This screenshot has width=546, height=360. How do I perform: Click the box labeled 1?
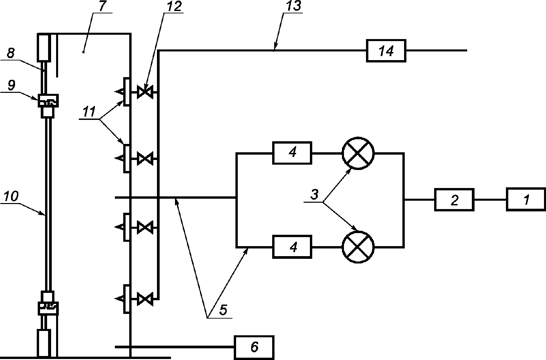pyautogui.click(x=526, y=200)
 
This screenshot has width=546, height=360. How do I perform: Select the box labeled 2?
pyautogui.click(x=454, y=200)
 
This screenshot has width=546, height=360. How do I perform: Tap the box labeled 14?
pyautogui.click(x=386, y=51)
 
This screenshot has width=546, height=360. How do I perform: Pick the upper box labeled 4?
pyautogui.click(x=292, y=153)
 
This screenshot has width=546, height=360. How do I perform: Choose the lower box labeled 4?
pyautogui.click(x=292, y=247)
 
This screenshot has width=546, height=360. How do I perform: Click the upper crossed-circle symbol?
pyautogui.click(x=358, y=153)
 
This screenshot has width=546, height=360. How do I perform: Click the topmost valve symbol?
pyautogui.click(x=145, y=92)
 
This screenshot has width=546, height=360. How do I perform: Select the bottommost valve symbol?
pyautogui.click(x=145, y=299)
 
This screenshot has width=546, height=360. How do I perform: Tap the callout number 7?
pyautogui.click(x=102, y=7)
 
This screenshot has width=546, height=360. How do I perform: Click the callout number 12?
pyautogui.click(x=174, y=6)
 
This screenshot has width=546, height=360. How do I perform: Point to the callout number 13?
pyautogui.click(x=294, y=6)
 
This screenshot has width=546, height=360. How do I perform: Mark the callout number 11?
pyautogui.click(x=89, y=112)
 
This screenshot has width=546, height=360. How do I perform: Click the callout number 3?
pyautogui.click(x=315, y=194)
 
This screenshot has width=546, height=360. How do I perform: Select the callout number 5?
pyautogui.click(x=223, y=310)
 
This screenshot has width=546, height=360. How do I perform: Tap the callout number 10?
pyautogui.click(x=10, y=196)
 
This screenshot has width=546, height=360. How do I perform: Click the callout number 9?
pyautogui.click(x=11, y=85)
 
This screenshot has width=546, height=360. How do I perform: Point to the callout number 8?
pyautogui.click(x=10, y=53)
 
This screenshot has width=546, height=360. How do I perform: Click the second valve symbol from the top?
pyautogui.click(x=145, y=158)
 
